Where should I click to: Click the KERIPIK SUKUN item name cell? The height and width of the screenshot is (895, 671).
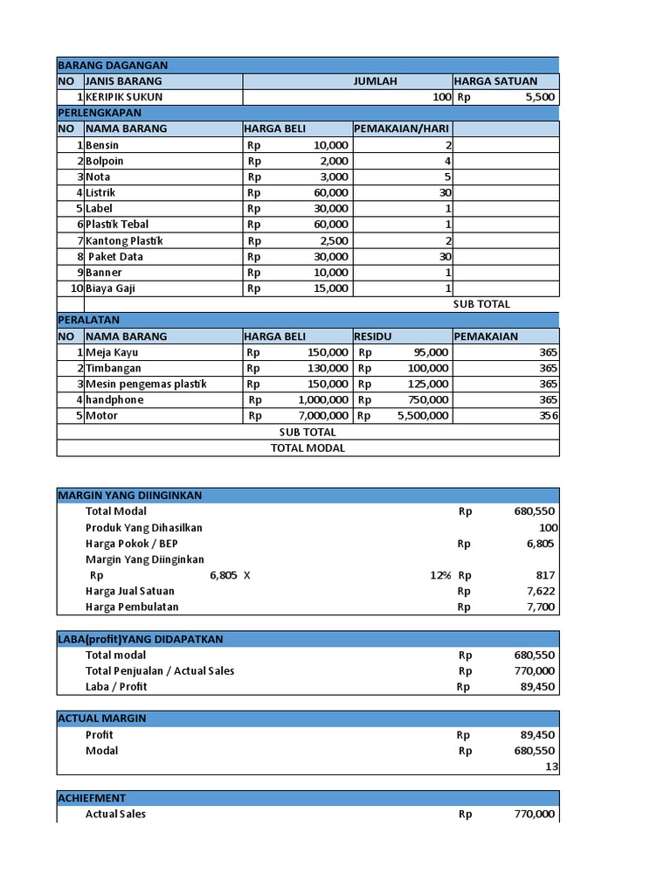(124, 97)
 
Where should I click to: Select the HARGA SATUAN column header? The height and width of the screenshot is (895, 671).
(495, 81)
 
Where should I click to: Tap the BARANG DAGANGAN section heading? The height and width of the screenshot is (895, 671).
(113, 66)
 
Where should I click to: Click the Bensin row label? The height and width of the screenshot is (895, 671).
(102, 145)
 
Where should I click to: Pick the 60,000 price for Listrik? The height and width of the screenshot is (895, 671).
(331, 192)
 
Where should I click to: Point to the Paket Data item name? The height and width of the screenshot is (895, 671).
(115, 257)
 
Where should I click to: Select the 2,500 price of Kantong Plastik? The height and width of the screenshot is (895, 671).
(335, 241)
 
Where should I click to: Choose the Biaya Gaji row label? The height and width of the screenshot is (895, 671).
(110, 288)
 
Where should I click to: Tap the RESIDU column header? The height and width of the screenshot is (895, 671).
(374, 336)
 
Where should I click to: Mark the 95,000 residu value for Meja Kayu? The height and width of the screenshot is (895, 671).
(430, 352)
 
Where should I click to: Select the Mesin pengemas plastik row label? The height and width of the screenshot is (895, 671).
(146, 384)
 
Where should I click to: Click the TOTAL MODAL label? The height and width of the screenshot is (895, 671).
(308, 448)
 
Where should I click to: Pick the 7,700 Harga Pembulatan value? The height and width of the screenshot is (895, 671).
(540, 607)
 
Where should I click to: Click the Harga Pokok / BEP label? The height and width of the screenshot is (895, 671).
(131, 544)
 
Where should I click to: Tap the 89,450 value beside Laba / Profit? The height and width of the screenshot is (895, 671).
(537, 687)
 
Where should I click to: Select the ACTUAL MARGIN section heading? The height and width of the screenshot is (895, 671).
(102, 718)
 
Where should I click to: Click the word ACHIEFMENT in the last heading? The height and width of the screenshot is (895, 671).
(92, 798)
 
